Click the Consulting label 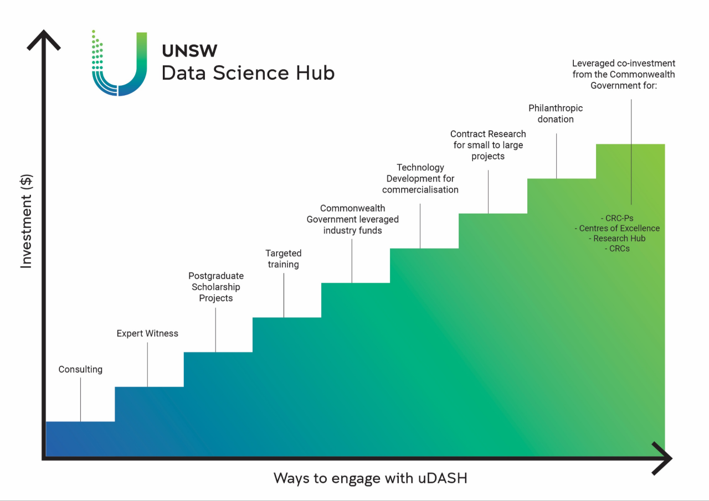[80, 369]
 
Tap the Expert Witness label [147, 333]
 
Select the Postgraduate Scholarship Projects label [216, 287]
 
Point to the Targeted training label [283, 259]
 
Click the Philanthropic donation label [556, 113]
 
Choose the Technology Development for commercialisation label [420, 178]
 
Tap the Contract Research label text [488, 145]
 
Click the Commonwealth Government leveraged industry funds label [353, 219]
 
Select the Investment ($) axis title [26, 221]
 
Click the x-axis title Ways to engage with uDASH [371, 478]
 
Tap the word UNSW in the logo [189, 50]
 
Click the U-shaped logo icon [119, 63]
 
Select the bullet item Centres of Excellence [617, 229]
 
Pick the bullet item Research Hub [617, 239]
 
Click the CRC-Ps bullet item [617, 218]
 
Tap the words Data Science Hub [248, 73]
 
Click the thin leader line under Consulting [80, 400]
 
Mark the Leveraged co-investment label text [624, 74]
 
